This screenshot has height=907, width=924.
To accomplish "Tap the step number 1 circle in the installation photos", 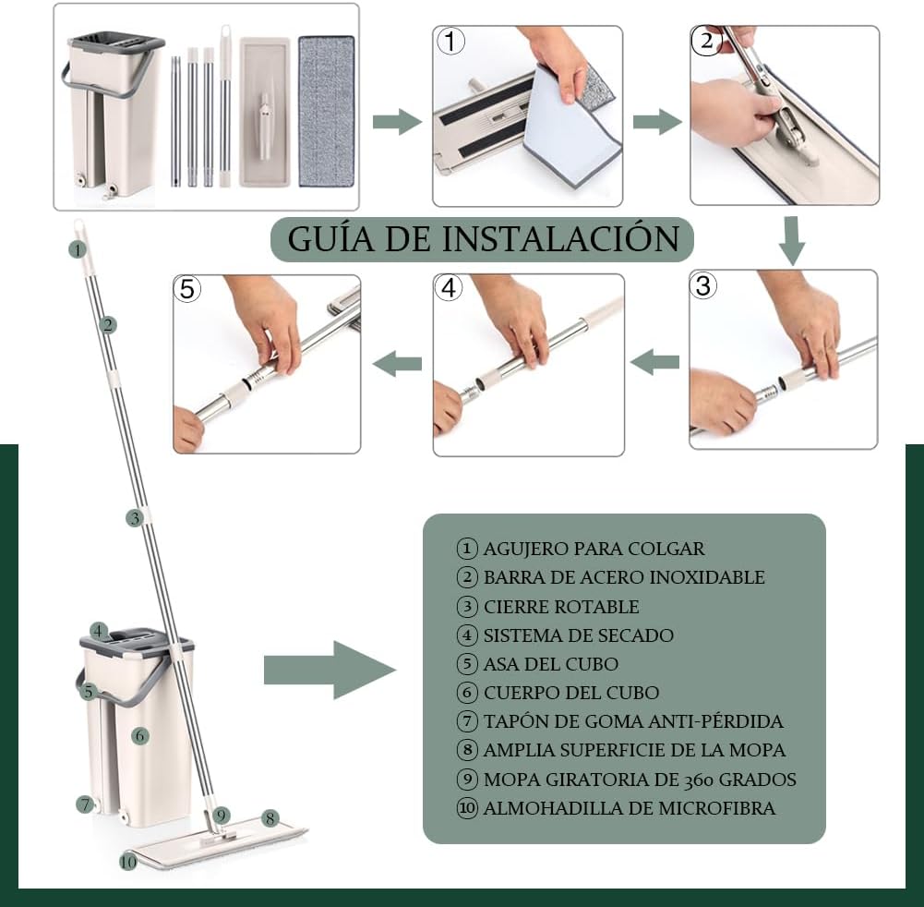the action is (450, 42).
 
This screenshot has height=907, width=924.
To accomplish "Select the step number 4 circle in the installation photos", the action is (449, 288).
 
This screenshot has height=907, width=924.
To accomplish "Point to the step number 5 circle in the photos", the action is (187, 289).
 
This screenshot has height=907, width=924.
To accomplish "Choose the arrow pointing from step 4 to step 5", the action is (397, 364).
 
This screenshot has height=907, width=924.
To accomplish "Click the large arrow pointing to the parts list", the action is (330, 670).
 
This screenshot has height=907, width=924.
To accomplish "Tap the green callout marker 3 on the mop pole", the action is (135, 518).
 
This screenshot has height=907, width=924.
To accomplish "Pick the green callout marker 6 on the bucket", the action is (139, 735).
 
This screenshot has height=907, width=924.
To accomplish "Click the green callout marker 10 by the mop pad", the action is (128, 862).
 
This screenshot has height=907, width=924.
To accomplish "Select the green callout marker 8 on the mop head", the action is (270, 818).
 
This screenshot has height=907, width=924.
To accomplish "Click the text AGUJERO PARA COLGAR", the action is (594, 549).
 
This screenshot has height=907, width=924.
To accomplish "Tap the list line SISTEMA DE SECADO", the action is (578, 635).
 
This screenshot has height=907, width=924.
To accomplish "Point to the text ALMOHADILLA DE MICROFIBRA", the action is (630, 808).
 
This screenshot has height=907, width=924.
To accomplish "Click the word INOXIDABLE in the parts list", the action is (703, 576).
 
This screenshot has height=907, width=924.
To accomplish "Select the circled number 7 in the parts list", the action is (467, 721).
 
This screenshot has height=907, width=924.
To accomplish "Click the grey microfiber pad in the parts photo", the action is (327, 112).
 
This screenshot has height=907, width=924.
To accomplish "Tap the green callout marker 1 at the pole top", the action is (78, 249).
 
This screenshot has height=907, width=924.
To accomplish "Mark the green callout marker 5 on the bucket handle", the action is (89, 691).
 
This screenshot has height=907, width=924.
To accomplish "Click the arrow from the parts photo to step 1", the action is (397, 122).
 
